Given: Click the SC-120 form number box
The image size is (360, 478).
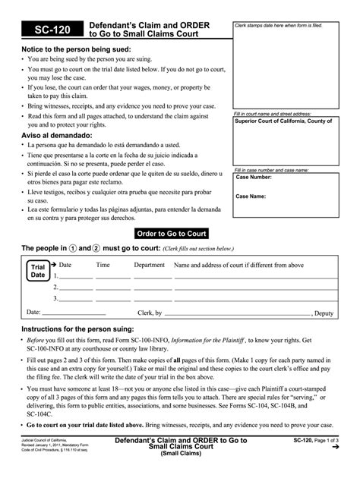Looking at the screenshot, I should (52, 30).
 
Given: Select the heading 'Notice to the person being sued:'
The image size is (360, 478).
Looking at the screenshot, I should (76, 49).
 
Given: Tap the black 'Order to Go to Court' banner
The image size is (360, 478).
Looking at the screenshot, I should (171, 234).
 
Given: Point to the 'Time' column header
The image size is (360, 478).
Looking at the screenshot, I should (103, 265).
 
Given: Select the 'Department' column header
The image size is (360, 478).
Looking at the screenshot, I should (149, 265).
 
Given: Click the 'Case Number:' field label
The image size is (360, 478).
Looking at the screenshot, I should (254, 178).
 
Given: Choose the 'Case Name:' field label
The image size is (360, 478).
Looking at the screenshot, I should (251, 196).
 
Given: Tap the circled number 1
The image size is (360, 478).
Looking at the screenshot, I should (74, 248).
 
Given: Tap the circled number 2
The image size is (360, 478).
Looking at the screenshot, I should (96, 248).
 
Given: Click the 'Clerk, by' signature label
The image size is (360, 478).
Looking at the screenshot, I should (149, 313).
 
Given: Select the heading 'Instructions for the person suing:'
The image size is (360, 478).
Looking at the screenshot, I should (77, 329).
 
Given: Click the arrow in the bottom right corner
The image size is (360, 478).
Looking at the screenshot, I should (335, 448).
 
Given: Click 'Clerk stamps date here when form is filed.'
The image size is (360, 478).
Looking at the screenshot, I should (279, 25).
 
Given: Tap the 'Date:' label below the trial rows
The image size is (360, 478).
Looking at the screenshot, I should (33, 312).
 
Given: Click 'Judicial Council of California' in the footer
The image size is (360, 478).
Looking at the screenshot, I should (44, 439).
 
